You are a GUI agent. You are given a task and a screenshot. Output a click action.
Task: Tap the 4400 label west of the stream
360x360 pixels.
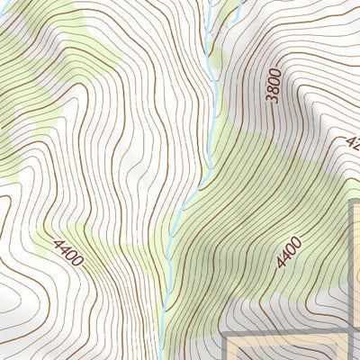(68, 253)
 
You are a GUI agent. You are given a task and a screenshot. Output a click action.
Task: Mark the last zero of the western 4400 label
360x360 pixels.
(78, 263)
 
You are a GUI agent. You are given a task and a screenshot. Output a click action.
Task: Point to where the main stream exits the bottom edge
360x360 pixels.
(163, 357)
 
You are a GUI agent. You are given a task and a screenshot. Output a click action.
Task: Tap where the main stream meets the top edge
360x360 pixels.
(209, 2)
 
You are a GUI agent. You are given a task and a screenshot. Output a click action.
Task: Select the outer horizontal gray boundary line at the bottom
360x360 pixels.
(288, 334)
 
